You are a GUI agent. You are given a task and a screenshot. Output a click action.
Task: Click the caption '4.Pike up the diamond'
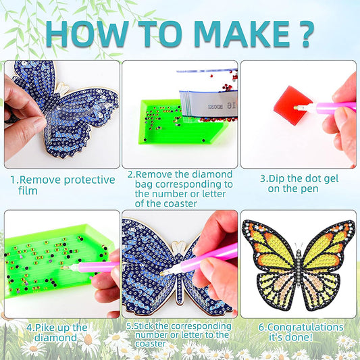57,333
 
